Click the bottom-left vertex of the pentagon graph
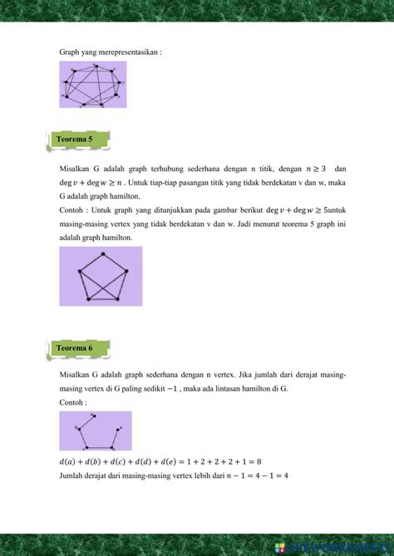(88, 298)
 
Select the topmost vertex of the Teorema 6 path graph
(94, 415)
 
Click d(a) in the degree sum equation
(68, 460)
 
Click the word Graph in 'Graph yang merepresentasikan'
(69, 52)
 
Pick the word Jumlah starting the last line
(72, 475)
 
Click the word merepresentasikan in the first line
(130, 52)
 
